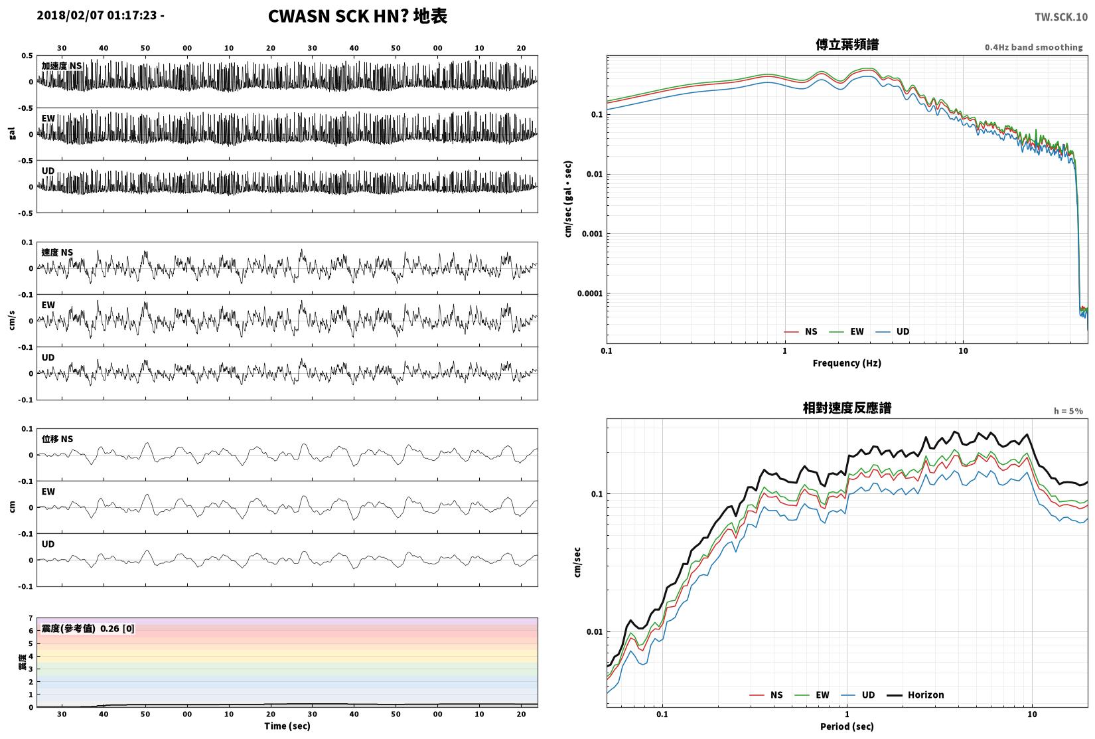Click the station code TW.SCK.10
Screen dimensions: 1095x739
tap(1060, 17)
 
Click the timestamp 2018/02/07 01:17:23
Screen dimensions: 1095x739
tap(97, 15)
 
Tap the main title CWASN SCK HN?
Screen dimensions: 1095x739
tap(338, 16)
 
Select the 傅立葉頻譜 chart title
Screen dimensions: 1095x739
tap(847, 44)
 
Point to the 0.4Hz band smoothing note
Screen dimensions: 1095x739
tap(1033, 47)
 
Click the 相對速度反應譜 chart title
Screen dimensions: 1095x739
tap(847, 408)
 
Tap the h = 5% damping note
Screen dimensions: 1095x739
tap(1068, 411)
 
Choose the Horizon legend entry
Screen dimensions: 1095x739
tap(916, 695)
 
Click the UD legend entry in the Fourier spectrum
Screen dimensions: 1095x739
tap(892, 331)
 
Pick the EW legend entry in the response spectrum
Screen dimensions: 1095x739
tap(812, 695)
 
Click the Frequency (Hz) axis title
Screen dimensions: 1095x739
tap(847, 363)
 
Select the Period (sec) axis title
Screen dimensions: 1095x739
tap(847, 726)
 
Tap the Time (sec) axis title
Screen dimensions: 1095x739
tap(287, 726)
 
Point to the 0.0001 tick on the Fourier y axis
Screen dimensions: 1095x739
tap(590, 293)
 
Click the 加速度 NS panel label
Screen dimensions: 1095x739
tap(62, 66)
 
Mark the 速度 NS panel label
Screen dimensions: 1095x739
tap(57, 252)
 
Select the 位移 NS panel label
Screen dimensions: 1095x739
tap(57, 439)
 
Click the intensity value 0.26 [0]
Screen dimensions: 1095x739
tap(117, 629)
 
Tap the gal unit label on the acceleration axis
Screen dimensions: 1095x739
tap(12, 133)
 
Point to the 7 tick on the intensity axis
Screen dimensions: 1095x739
tap(31, 618)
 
